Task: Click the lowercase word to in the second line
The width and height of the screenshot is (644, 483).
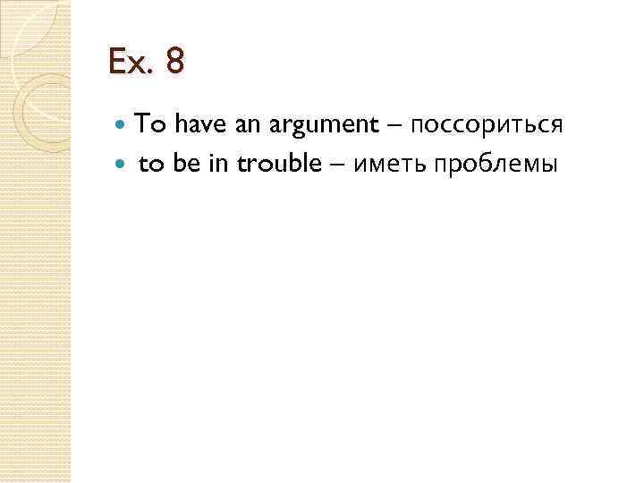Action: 148,165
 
